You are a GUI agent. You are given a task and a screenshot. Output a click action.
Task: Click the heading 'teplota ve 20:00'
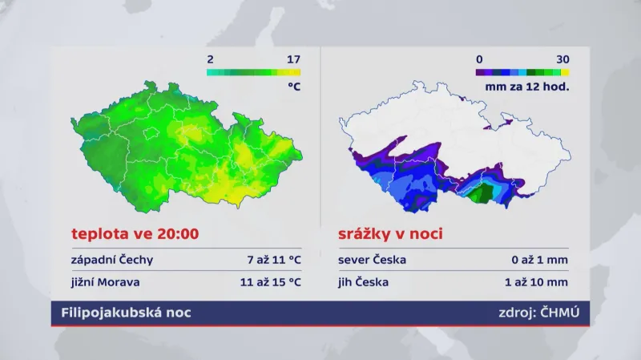pyautogui.click(x=135, y=235)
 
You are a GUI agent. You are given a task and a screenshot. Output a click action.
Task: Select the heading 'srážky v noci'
pyautogui.click(x=391, y=235)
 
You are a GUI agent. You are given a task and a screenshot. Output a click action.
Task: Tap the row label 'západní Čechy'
pyautogui.click(x=111, y=260)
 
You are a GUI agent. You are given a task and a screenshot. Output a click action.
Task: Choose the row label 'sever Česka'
pyautogui.click(x=373, y=260)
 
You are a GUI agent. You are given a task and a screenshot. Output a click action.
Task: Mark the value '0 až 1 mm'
pyautogui.click(x=540, y=260)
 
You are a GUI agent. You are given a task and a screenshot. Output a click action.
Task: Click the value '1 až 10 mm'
pyautogui.click(x=537, y=281)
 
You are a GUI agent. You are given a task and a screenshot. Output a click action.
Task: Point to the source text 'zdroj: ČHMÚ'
pyautogui.click(x=538, y=313)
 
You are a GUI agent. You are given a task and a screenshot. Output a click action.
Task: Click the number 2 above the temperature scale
pyautogui.click(x=210, y=59)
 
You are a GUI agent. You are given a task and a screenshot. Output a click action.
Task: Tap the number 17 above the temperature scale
pyautogui.click(x=293, y=59)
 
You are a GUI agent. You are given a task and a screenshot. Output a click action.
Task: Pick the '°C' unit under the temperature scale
pyautogui.click(x=293, y=86)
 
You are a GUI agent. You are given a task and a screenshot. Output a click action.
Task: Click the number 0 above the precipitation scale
pyautogui.click(x=479, y=59)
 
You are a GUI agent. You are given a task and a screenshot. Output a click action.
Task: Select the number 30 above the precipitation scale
pyautogui.click(x=562, y=59)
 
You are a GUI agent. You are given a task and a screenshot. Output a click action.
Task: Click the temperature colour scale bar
pyautogui.click(x=253, y=72)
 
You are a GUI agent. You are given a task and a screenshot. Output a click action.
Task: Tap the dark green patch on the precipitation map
pyautogui.click(x=482, y=193)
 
